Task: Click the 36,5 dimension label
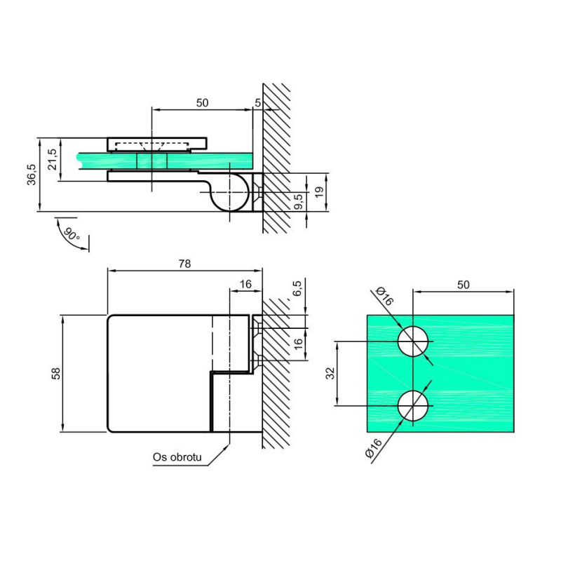(x=32, y=175)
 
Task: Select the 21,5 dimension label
(x=52, y=159)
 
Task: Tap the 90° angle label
(x=72, y=234)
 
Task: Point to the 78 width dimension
(x=184, y=264)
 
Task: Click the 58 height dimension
(x=56, y=373)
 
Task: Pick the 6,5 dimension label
(x=297, y=288)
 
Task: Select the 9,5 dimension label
(x=299, y=201)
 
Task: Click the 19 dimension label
(x=320, y=191)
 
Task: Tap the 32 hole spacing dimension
(x=330, y=373)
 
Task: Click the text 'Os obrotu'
(x=177, y=457)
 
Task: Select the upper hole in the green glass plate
(x=413, y=342)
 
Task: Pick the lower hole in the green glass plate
(x=413, y=406)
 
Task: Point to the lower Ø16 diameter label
(x=374, y=448)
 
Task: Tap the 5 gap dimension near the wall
(x=257, y=102)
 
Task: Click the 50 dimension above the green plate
(x=464, y=285)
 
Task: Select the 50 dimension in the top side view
(x=202, y=102)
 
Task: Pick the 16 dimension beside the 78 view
(x=245, y=284)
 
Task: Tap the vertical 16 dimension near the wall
(x=298, y=344)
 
